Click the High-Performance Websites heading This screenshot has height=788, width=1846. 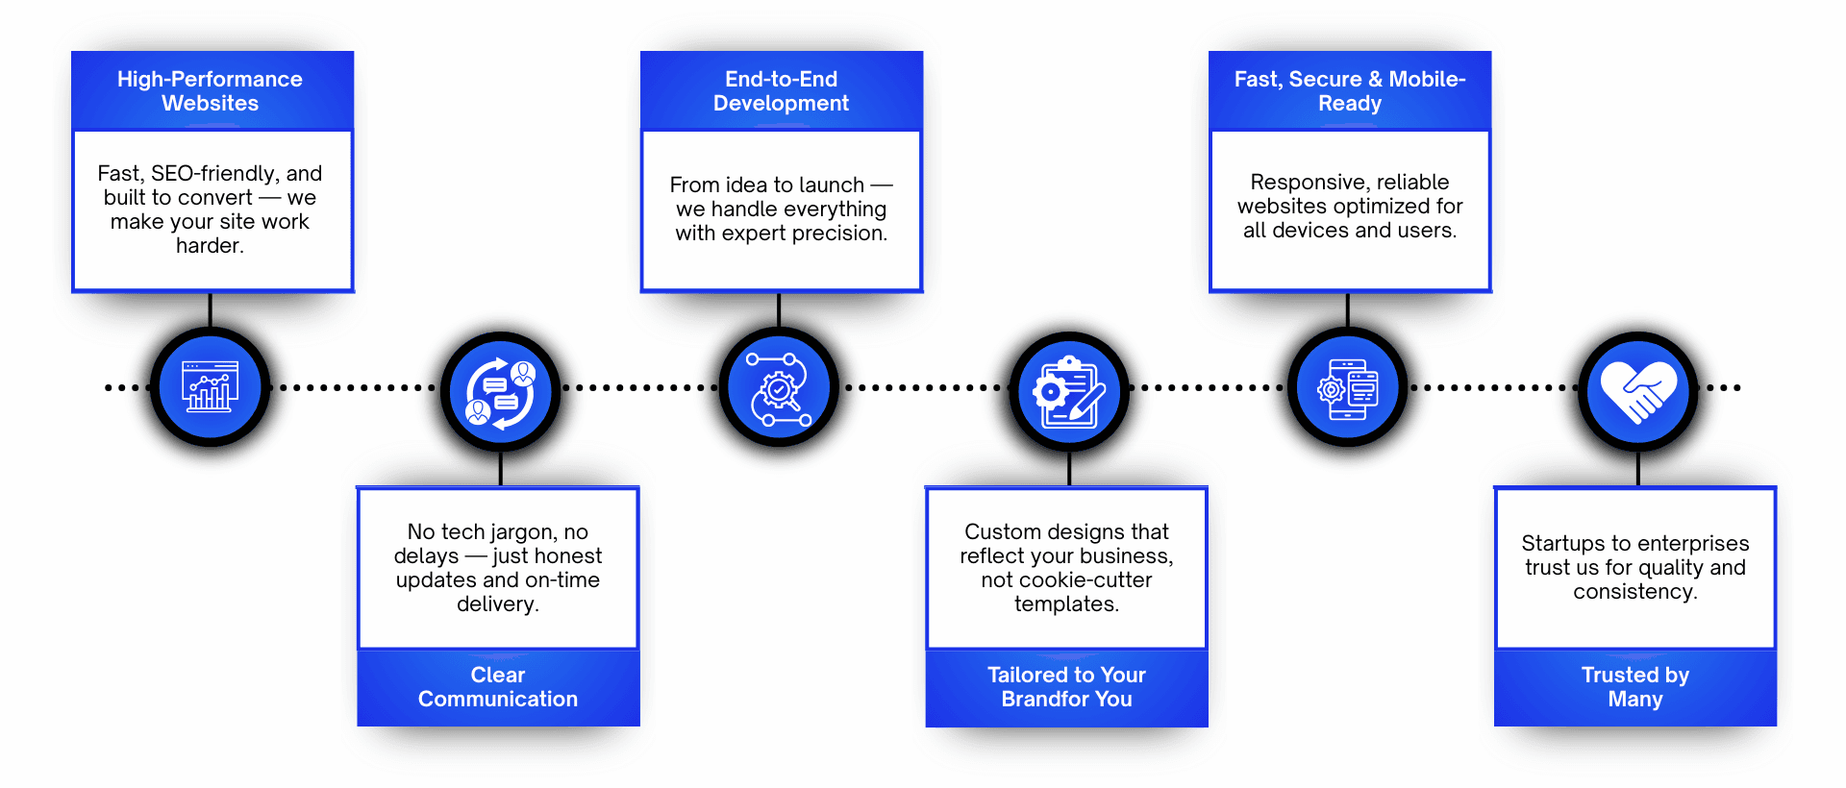[x=210, y=91]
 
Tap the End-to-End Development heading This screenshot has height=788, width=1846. [x=781, y=91]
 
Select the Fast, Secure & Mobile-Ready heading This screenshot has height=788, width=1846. [x=1350, y=91]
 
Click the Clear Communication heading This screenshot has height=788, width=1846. [x=498, y=687]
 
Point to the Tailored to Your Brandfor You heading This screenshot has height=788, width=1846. [x=1066, y=687]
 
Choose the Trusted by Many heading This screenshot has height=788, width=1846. [x=1634, y=687]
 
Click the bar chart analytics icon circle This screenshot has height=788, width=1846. [x=211, y=387]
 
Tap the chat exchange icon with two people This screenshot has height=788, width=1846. [x=501, y=392]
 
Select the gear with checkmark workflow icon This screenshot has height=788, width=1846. [x=780, y=387]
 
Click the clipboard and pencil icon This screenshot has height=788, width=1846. [x=1069, y=392]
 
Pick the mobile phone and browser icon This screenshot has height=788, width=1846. [x=1348, y=387]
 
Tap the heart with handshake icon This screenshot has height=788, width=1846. [x=1638, y=392]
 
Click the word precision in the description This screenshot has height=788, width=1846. [x=838, y=234]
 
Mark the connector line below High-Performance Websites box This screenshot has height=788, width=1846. [x=210, y=309]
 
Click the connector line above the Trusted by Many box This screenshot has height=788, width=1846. [x=1638, y=469]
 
